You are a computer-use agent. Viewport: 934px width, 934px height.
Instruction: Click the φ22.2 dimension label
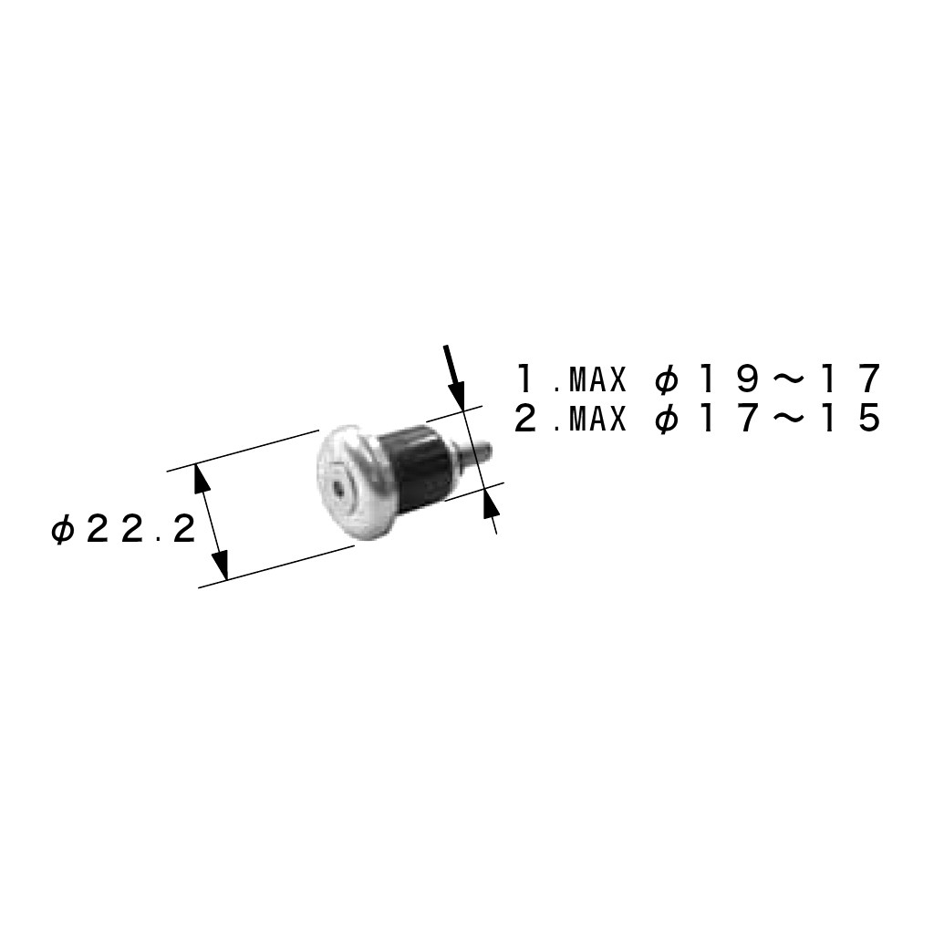pos(124,530)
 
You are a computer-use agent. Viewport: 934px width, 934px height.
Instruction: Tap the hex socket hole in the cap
pos(337,490)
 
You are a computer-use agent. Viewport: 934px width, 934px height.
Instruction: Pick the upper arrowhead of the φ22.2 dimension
pos(202,480)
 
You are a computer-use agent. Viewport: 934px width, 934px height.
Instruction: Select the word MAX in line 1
pos(598,379)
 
